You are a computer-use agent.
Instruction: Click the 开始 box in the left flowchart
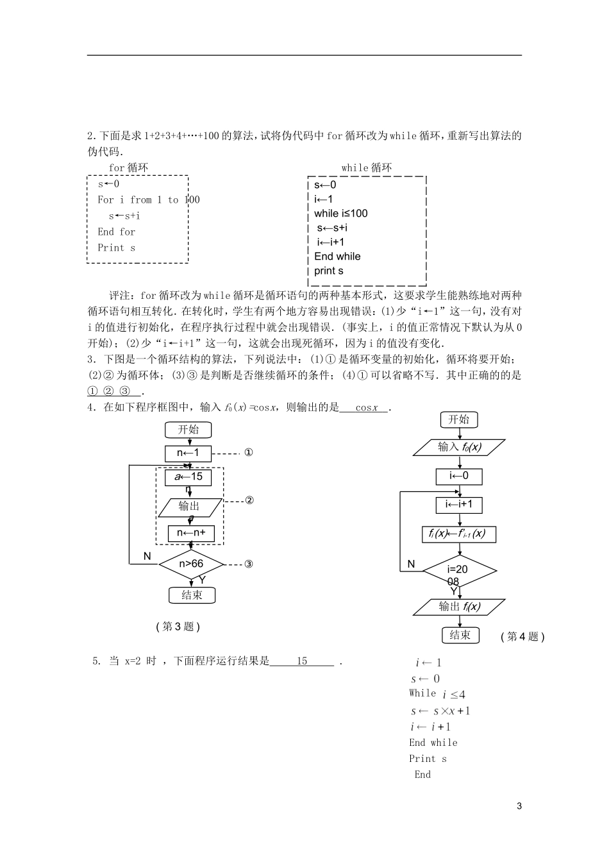188,430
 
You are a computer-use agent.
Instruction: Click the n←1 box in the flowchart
188,453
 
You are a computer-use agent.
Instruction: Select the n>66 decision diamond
191,564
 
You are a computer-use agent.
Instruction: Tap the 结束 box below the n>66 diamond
192,595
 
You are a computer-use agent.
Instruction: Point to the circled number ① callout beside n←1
249,453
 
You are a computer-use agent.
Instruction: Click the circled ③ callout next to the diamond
249,564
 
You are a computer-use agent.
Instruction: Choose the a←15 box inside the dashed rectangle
188,477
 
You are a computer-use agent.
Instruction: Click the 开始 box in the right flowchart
459,419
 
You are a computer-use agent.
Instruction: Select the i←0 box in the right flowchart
459,476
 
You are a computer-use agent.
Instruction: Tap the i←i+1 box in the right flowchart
459,504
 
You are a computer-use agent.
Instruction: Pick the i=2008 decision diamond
459,570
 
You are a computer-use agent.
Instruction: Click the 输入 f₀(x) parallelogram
459,447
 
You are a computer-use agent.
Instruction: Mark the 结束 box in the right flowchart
460,635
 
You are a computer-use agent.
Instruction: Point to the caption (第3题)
178,627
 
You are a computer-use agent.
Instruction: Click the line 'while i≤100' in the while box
340,214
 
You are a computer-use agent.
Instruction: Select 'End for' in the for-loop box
116,232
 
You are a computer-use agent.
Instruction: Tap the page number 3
519,806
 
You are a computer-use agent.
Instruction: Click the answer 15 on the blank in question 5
302,661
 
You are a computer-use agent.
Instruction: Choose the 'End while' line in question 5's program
433,743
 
